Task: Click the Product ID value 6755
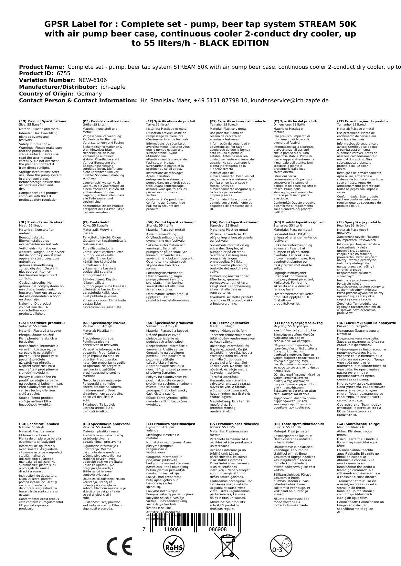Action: pyautogui.click(x=63, y=73)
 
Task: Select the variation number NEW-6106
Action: pyautogui.click(x=92, y=80)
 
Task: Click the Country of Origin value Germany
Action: pyautogui.click(x=89, y=94)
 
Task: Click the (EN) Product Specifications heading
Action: pyautogui.click(x=43, y=121)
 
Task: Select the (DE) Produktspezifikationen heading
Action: pyautogui.click(x=106, y=121)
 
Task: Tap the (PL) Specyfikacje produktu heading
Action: pyautogui.click(x=360, y=222)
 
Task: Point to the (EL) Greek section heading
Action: pyautogui.click(x=298, y=323)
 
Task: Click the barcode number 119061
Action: pyautogui.click(x=173, y=530)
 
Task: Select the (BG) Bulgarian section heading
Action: pyautogui.click(x=366, y=323)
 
